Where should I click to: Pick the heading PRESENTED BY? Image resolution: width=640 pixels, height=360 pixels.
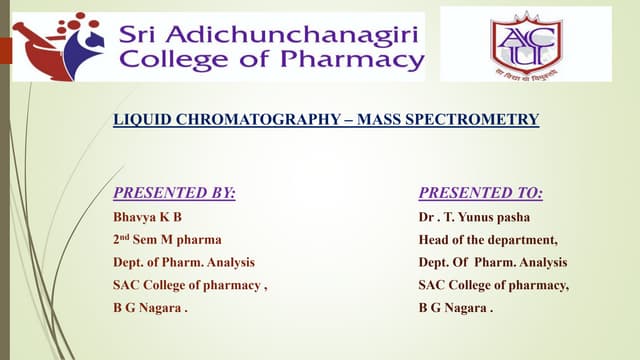(x=175, y=193)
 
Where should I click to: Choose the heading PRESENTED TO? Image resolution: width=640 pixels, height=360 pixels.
(x=480, y=193)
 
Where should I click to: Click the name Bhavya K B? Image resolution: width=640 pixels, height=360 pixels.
(x=148, y=217)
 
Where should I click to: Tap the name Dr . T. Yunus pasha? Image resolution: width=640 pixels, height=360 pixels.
(x=474, y=217)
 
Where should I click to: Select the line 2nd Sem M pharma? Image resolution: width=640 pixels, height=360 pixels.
(x=167, y=240)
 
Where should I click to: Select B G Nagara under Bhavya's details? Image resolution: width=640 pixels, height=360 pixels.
(x=150, y=309)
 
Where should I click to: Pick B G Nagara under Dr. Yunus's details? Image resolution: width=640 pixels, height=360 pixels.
(x=455, y=309)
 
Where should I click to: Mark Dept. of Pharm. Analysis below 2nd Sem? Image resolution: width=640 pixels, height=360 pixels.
(x=184, y=263)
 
